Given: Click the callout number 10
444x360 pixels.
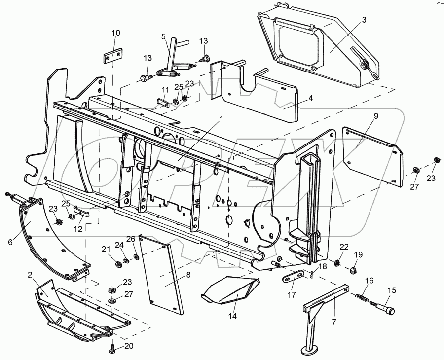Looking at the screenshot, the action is coord(116,33).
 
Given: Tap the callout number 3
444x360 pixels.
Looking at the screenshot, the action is coord(364,20).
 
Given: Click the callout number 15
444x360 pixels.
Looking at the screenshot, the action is coord(392,291).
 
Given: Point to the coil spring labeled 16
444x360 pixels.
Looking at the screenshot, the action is coord(361,297).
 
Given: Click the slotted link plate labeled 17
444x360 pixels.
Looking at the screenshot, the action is coord(293,276).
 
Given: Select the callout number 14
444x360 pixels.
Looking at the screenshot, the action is coord(232,316).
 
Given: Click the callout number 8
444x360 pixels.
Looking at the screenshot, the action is coord(188,275).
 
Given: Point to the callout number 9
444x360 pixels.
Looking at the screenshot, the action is coord(376,116).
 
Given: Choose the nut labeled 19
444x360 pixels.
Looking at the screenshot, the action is coord(353,270).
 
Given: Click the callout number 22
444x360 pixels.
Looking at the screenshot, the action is coord(344,247).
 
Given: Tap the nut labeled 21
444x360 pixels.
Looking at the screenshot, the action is coord(118,264).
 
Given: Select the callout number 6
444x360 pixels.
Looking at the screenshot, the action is coord(10,242).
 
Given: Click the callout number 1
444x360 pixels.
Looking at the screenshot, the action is coord(222,119).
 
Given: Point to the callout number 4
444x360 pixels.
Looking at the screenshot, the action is coord(311,98).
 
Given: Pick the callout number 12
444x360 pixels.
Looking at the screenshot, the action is coord(77,229).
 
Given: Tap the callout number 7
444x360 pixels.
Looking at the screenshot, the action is coord(334,322).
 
